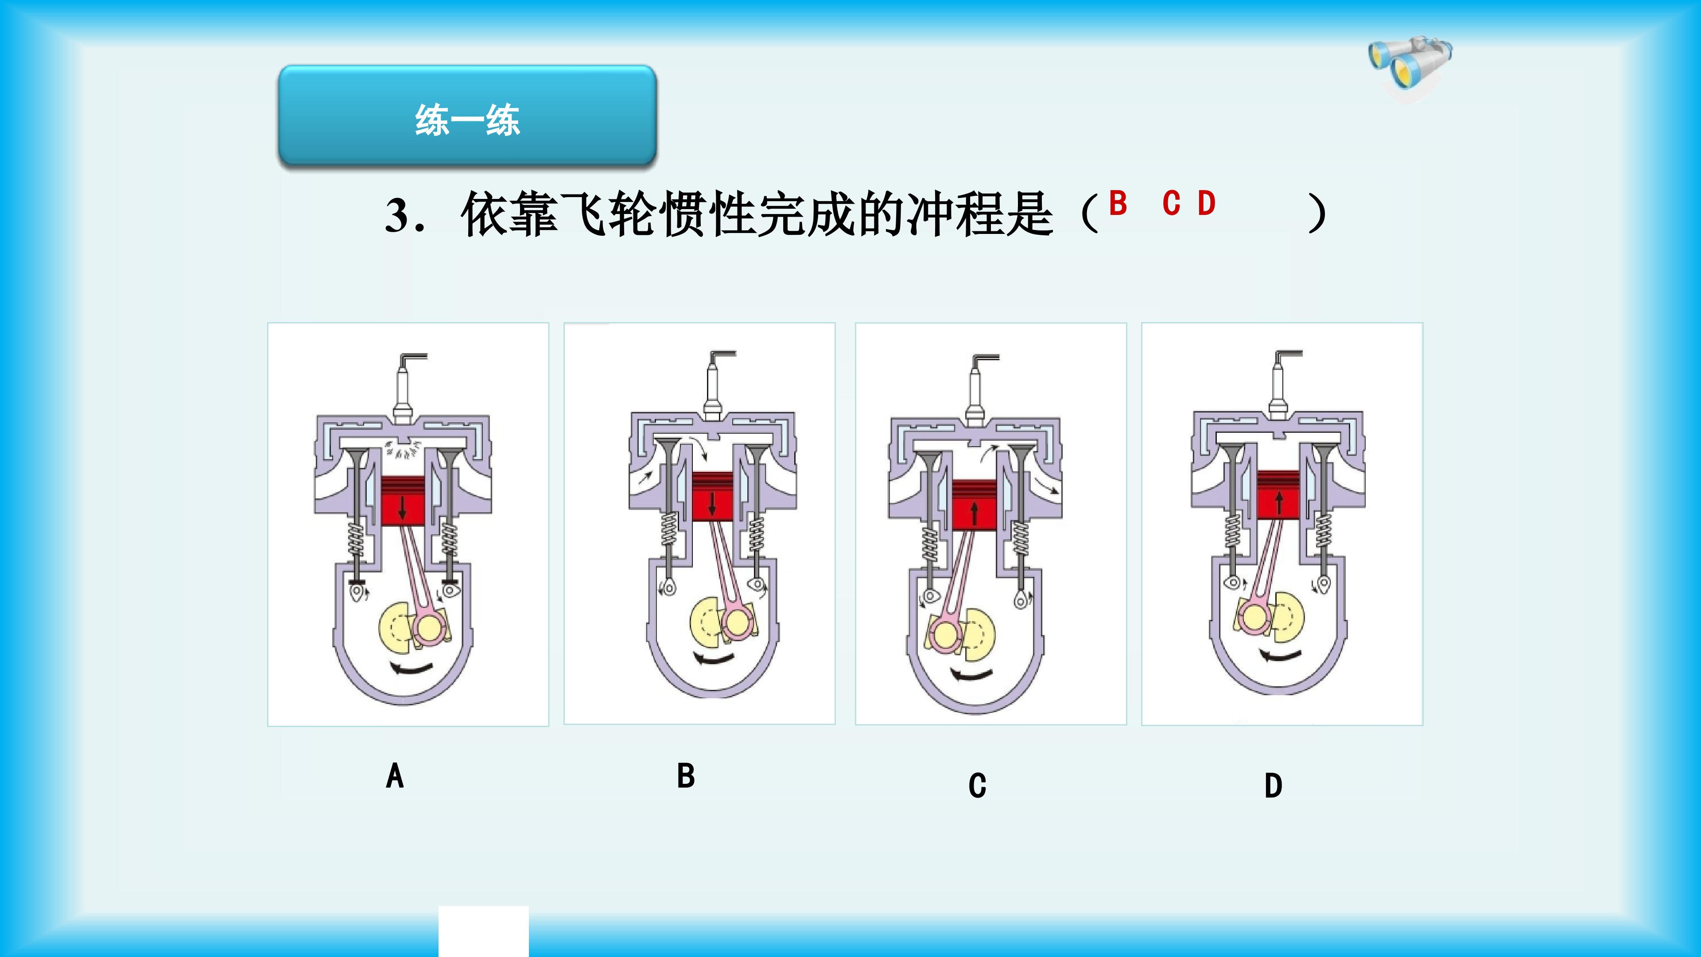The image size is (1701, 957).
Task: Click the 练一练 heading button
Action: click(467, 116)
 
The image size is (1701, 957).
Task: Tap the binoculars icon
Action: click(1410, 64)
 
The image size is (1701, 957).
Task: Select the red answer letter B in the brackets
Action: click(1117, 203)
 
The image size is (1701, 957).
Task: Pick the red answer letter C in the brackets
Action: click(1171, 203)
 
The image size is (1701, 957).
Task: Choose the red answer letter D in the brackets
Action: click(1206, 203)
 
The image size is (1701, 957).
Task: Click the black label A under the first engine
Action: click(395, 775)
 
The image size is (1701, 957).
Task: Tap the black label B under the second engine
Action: click(686, 775)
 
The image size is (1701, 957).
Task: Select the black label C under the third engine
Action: click(977, 785)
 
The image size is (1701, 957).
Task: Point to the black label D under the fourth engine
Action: click(1273, 785)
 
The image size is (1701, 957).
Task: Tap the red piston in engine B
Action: click(712, 497)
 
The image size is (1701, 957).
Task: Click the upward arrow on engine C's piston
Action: click(975, 513)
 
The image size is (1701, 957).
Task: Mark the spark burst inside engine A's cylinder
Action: click(403, 449)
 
